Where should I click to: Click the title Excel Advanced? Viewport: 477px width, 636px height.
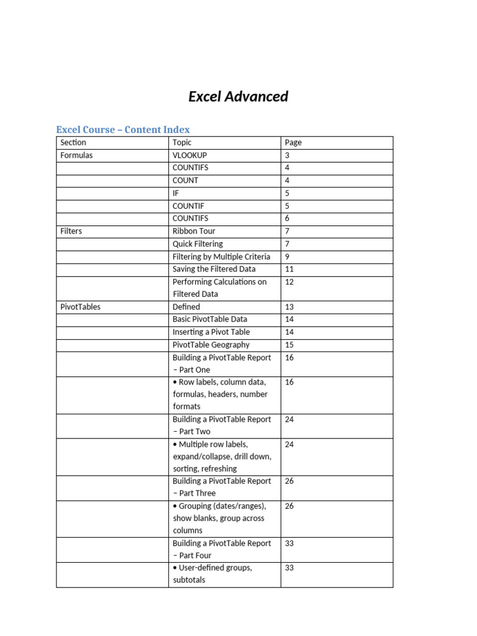[x=238, y=96]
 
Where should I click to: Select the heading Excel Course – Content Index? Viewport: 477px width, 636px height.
[x=123, y=129]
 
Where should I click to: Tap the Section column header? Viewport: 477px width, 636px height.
[x=73, y=142]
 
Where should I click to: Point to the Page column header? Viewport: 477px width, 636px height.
[x=293, y=142]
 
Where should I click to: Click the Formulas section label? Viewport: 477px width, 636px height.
[x=76, y=155]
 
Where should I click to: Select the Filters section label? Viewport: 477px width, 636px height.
[x=71, y=231]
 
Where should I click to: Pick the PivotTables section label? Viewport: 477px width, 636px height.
[x=80, y=307]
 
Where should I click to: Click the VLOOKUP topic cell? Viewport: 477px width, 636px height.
[x=190, y=155]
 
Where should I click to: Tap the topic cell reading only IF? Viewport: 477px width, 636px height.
[x=176, y=193]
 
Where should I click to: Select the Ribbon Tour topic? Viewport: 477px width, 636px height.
[x=194, y=231]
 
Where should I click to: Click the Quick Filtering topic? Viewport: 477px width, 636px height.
[x=198, y=244]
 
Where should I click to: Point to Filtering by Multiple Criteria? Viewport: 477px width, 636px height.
[x=221, y=257]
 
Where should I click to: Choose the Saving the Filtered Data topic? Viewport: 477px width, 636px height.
[x=214, y=269]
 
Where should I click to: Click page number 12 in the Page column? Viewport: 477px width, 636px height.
[x=289, y=282]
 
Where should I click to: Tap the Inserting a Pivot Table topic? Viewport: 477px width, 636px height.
[x=211, y=332]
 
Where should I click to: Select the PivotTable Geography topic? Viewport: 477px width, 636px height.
[x=211, y=345]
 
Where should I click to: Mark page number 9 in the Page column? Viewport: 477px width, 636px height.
[x=287, y=257]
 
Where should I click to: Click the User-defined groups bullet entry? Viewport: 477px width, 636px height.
[x=212, y=574]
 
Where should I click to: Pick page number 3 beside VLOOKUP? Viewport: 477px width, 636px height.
[x=287, y=155]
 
